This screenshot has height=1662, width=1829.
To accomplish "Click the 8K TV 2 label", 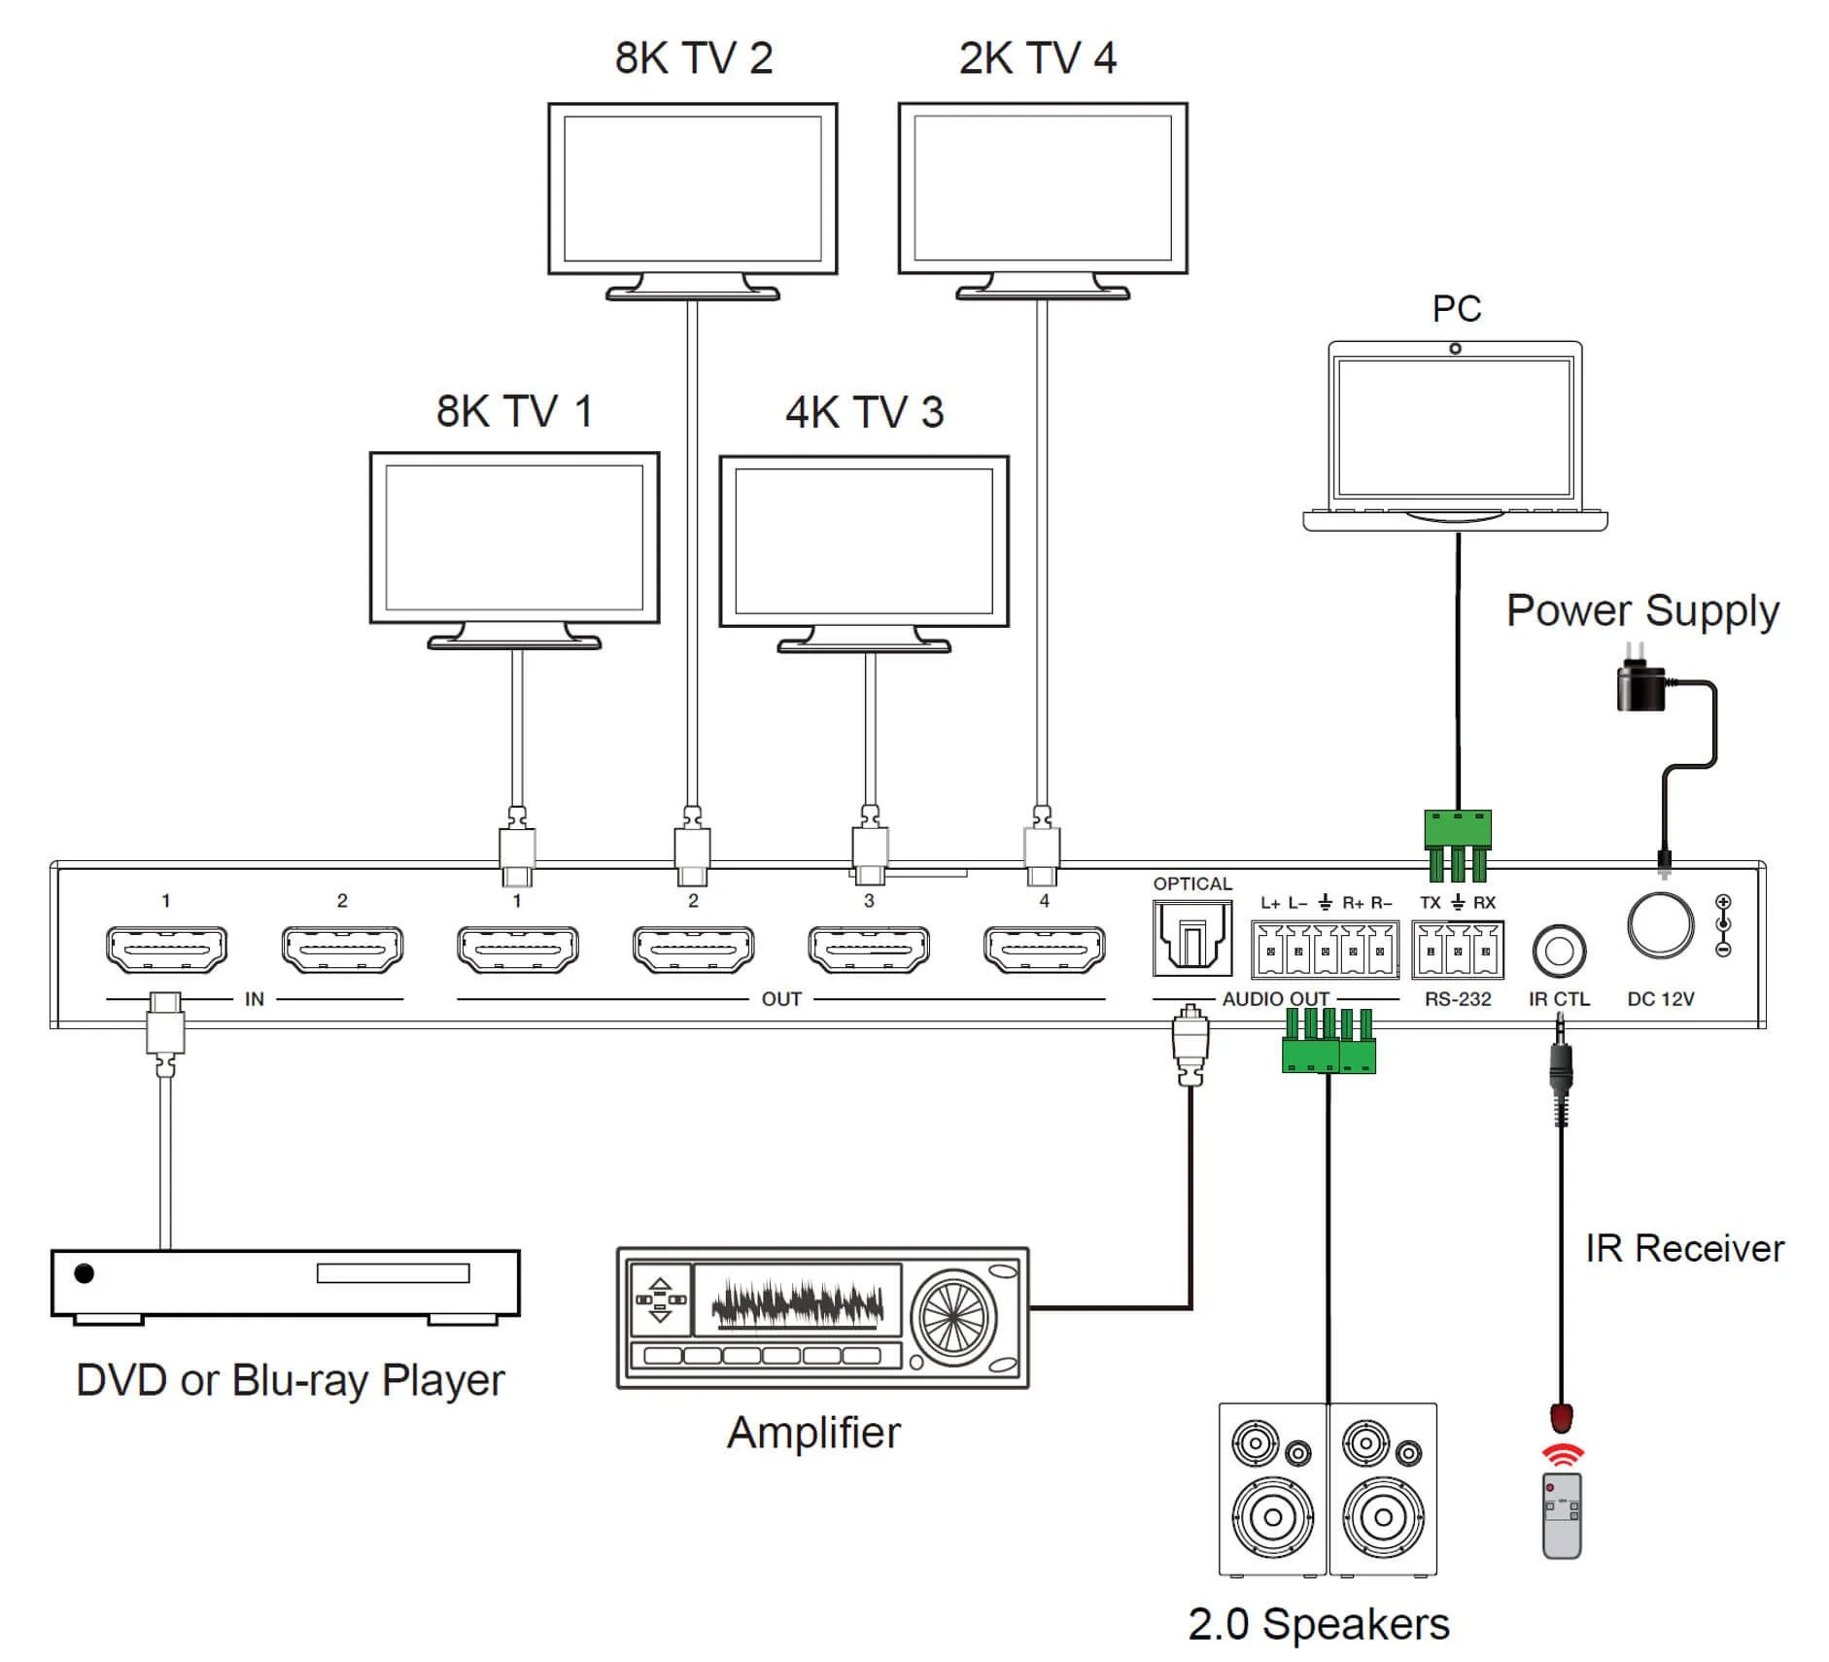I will click(693, 58).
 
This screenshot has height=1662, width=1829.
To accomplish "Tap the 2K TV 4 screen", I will click(1042, 188).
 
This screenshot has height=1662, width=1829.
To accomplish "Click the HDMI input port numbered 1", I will click(166, 949).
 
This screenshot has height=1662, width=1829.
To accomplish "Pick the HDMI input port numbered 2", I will click(342, 949).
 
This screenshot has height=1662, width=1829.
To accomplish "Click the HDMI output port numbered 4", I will click(1044, 949).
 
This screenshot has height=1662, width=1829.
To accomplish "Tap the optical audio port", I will click(1191, 939).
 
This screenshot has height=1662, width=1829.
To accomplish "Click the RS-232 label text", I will click(1457, 999).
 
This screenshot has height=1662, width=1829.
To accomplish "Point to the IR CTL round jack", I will click(1558, 951).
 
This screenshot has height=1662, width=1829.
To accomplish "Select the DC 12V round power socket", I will click(1660, 924).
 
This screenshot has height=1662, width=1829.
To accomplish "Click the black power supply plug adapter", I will click(1639, 684).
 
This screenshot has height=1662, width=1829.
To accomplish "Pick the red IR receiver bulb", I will click(1561, 1417).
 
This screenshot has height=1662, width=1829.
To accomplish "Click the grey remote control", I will click(1561, 1515).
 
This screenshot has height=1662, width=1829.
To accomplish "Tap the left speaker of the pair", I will click(1272, 1487).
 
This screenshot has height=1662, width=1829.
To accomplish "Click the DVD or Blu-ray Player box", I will click(285, 1283).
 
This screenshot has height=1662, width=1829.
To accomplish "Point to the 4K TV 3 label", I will click(864, 412).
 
